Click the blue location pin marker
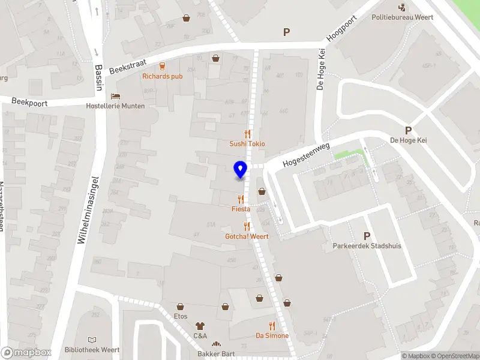pos(240,170)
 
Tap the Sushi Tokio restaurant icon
pos(247,134)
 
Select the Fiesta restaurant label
pos(241,209)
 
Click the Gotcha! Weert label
pos(247,236)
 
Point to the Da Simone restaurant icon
pos(272,326)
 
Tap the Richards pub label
pos(162,76)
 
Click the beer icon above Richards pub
pos(162,66)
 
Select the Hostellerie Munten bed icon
pos(116,96)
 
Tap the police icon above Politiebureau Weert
pos(402,7)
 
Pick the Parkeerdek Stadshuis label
pos(367,246)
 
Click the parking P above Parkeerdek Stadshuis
pos(367,236)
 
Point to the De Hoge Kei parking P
pos(409,130)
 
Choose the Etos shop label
pos(181,316)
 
